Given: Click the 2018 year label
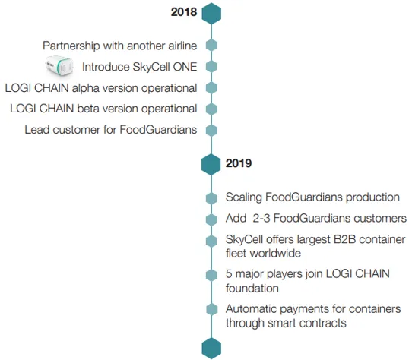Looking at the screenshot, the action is pos(184,12).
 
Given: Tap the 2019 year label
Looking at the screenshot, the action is pos(239,163).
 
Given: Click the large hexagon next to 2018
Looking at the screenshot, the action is pos(211,14).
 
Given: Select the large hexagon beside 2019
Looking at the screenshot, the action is pos(211,165).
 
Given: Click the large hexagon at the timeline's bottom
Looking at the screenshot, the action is pos(211,349).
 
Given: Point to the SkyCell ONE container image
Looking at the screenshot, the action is pos(59,66).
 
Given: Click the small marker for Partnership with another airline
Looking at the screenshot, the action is pos(211,46).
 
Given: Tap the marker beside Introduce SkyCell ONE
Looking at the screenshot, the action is pos(211,66).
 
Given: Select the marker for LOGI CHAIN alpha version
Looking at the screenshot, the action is pos(211,87).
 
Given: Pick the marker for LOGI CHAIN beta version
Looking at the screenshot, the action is pos(211,109).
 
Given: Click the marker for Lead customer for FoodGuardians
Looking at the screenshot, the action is pos(211,130).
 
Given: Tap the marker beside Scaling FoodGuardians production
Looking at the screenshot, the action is pos(211,198).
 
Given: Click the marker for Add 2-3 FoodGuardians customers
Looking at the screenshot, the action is pos(211,219).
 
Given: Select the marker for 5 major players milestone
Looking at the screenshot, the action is pos(211,275).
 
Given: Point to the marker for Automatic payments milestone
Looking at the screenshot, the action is pos(211,309).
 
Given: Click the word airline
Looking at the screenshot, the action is pos(182,46).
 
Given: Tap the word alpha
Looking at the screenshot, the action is pos(86,89).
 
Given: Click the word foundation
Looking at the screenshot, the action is pos(252,289).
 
